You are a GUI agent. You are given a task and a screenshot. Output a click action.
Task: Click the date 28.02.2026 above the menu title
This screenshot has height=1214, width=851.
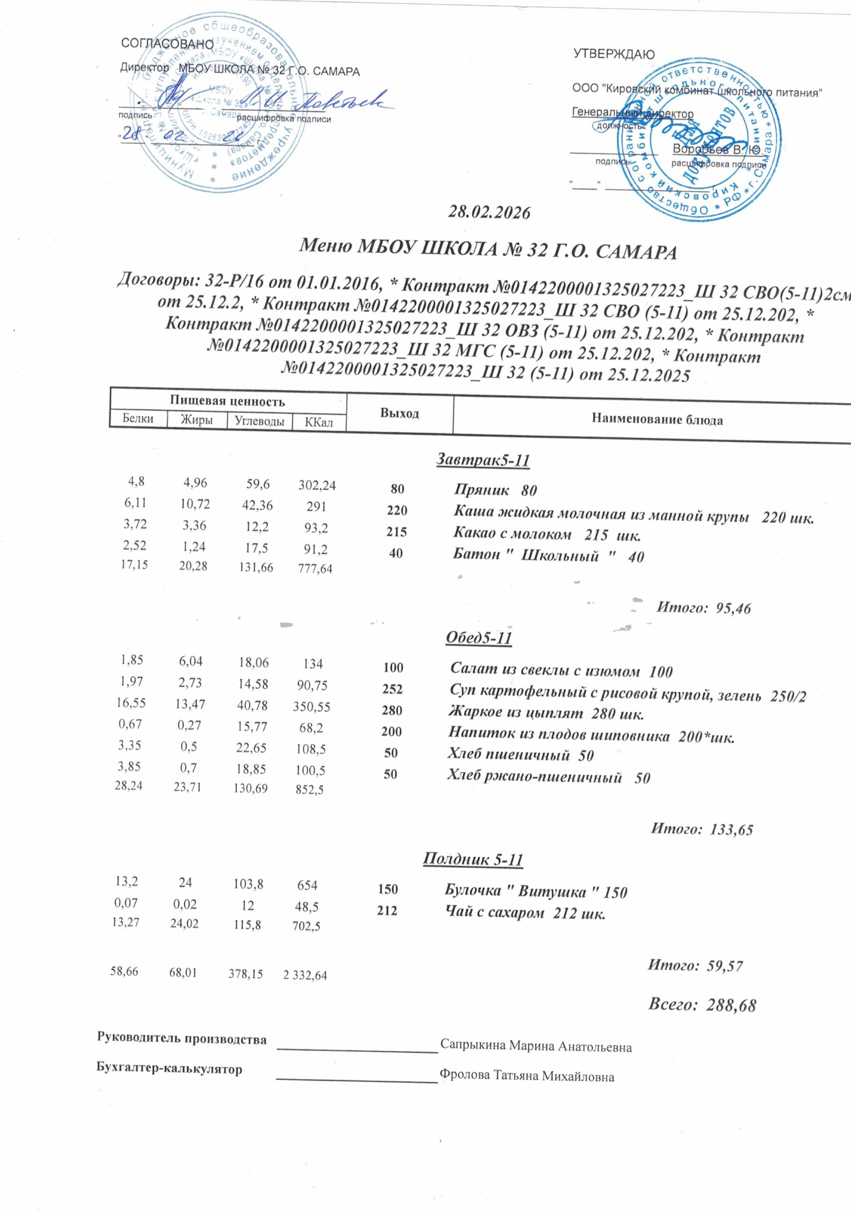tap(488, 212)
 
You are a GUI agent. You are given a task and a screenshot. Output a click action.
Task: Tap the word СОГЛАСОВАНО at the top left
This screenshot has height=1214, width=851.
tap(167, 44)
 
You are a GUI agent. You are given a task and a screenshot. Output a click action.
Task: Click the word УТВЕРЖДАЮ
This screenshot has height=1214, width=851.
tap(613, 55)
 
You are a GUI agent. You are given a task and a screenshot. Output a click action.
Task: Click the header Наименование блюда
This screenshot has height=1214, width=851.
tap(657, 420)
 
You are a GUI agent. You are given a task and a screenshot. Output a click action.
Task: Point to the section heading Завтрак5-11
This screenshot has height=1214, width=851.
tap(483, 460)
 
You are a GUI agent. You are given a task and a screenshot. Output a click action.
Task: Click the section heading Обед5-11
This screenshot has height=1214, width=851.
tap(479, 638)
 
